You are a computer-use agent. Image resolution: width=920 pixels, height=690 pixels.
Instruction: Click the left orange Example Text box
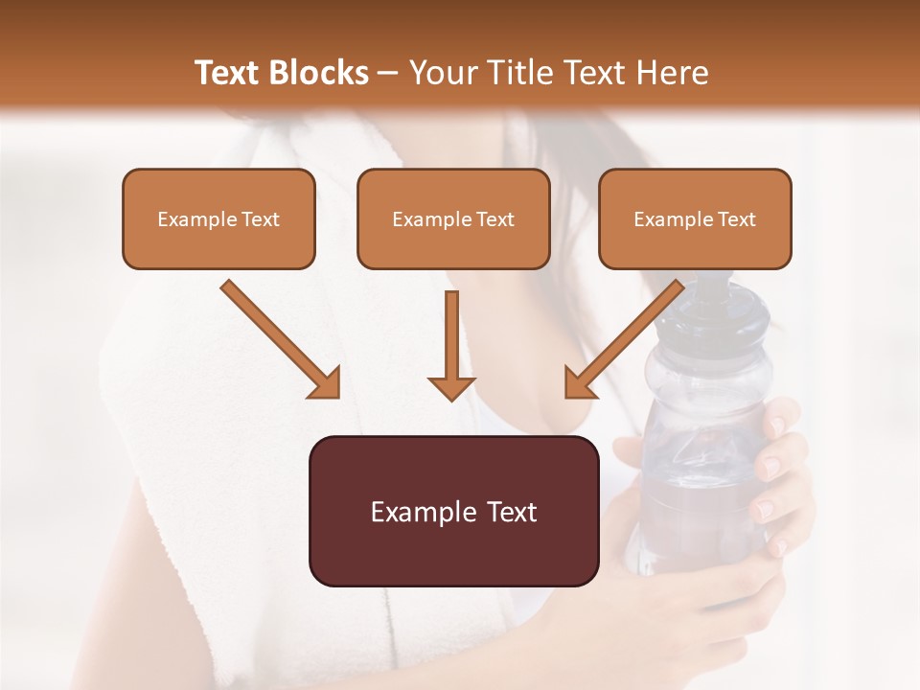(218, 219)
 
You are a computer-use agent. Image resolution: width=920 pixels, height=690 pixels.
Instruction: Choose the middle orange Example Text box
(453, 219)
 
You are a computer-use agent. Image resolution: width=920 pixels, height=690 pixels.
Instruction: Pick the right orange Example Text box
(695, 219)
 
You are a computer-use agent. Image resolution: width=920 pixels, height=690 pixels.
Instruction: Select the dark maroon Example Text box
(453, 512)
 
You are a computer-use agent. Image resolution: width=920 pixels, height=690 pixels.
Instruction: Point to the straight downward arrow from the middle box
(451, 345)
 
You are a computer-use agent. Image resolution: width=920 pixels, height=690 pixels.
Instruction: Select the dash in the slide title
(388, 73)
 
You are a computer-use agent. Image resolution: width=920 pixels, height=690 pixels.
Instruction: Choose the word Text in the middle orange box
(494, 219)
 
